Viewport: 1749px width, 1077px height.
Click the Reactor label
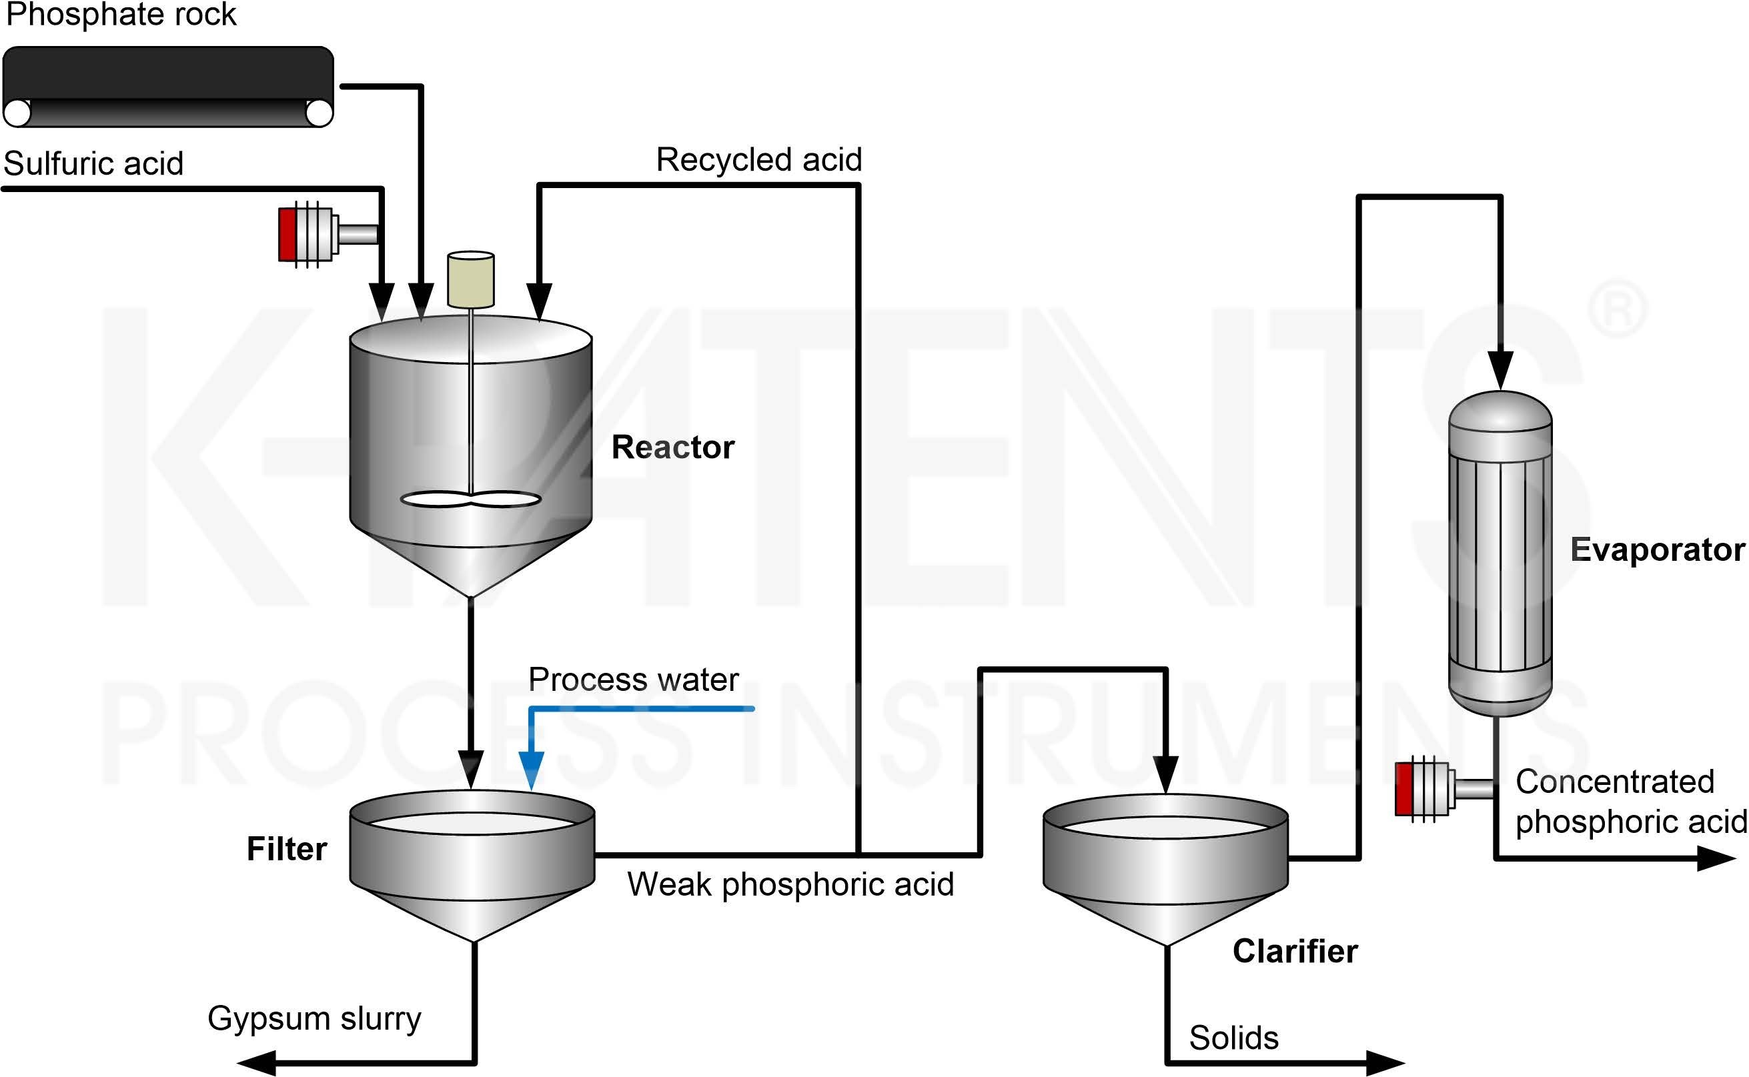pyautogui.click(x=672, y=447)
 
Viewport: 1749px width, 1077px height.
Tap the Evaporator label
pyautogui.click(x=1657, y=550)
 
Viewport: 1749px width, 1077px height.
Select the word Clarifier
pyautogui.click(x=1295, y=952)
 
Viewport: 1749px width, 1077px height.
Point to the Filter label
pyautogui.click(x=286, y=849)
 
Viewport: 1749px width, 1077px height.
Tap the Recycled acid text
pyautogui.click(x=758, y=159)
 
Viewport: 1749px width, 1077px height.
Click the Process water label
pyautogui.click(x=633, y=680)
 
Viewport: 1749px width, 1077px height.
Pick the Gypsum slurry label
pyautogui.click(x=314, y=1018)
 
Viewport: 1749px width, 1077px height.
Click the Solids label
pyautogui.click(x=1233, y=1038)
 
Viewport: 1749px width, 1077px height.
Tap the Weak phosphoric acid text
pyautogui.click(x=790, y=885)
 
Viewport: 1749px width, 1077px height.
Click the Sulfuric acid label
pyautogui.click(x=93, y=164)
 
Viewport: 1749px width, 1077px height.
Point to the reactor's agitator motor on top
pyautogui.click(x=470, y=279)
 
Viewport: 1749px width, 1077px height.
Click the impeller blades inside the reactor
pyautogui.click(x=470, y=499)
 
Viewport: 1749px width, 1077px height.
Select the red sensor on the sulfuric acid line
pyautogui.click(x=289, y=233)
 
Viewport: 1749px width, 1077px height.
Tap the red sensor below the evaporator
pyautogui.click(x=1405, y=788)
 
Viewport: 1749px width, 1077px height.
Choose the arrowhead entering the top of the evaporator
pyautogui.click(x=1501, y=369)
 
